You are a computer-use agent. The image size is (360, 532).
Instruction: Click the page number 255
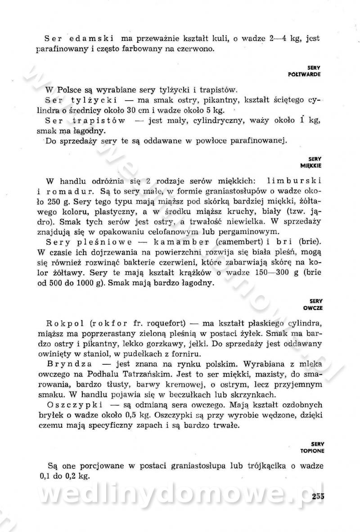[x=317, y=496]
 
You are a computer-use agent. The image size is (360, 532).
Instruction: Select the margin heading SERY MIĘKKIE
[x=311, y=162]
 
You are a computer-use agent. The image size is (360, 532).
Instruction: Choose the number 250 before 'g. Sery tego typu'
[x=54, y=201]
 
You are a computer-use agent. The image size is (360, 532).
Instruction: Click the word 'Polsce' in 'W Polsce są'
[x=68, y=89]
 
